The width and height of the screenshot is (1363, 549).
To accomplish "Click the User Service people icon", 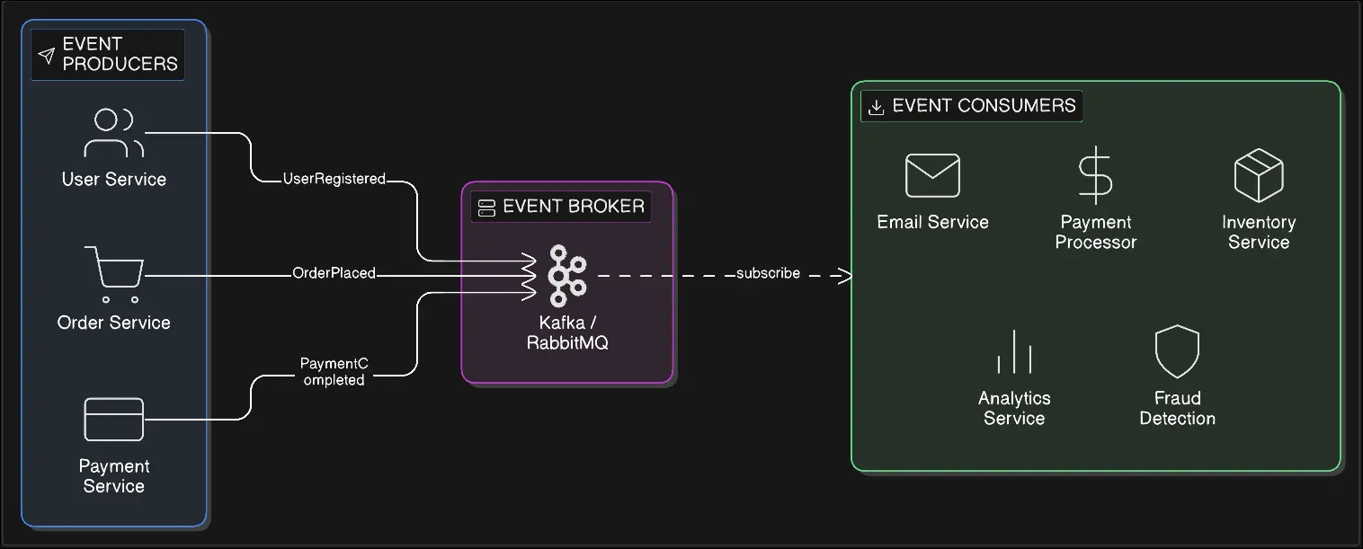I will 114,133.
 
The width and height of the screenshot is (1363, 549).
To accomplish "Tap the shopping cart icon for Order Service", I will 114,272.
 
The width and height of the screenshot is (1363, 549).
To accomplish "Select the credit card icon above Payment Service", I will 114,419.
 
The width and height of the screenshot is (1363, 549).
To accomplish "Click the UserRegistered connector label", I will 334,179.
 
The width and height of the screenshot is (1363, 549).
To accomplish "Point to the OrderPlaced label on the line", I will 334,273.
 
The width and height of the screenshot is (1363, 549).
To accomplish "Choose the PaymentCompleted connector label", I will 334,371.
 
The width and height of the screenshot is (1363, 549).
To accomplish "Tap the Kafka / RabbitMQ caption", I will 567,332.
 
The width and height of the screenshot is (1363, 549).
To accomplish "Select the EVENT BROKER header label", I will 573,207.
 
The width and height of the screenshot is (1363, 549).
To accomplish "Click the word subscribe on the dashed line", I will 768,273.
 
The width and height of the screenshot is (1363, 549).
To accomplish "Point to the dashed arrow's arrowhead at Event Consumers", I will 844,275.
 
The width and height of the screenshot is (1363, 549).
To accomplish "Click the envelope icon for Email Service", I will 932,175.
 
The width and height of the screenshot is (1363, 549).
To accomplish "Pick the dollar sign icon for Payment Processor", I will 1095,175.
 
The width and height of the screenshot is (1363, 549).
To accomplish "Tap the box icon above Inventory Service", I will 1258,175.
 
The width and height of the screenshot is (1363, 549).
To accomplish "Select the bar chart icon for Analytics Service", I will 1014,351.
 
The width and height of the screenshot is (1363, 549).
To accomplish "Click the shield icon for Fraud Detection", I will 1177,351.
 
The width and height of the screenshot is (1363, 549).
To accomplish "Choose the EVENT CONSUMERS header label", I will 984,106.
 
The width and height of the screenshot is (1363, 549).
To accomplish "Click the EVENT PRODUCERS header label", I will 120,54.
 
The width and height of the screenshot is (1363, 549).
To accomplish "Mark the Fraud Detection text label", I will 1177,408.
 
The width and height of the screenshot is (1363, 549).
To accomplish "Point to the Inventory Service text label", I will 1258,232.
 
